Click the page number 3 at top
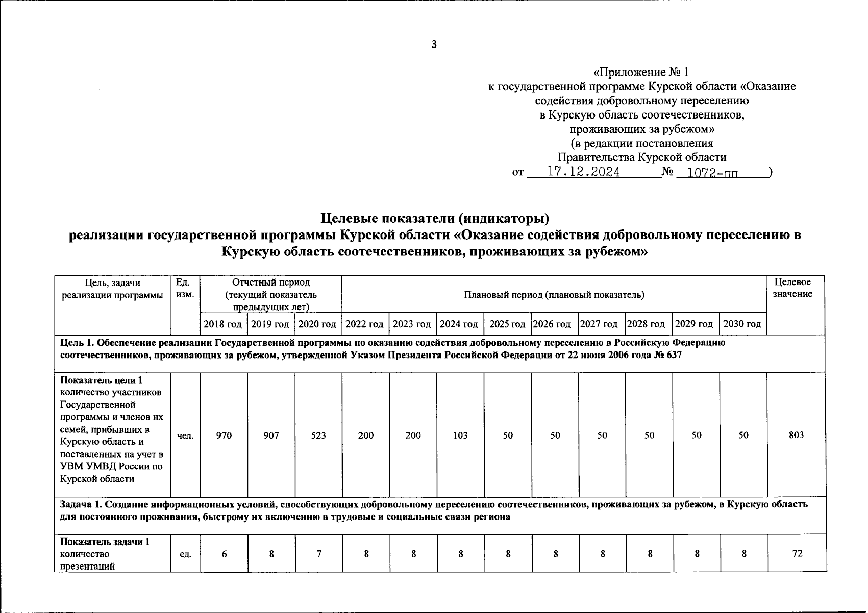click(434, 44)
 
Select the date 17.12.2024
click(583, 172)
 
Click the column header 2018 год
click(223, 324)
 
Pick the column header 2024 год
click(459, 324)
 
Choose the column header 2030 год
click(742, 324)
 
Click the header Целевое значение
click(792, 288)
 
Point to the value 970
click(224, 435)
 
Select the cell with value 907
click(271, 435)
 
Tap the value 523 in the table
click(318, 435)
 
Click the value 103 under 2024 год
click(460, 435)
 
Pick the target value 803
click(796, 435)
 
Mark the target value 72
click(797, 553)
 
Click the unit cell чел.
click(185, 436)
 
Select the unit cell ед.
click(186, 554)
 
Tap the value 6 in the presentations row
click(224, 553)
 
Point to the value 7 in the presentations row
click(318, 553)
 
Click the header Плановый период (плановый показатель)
click(554, 295)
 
